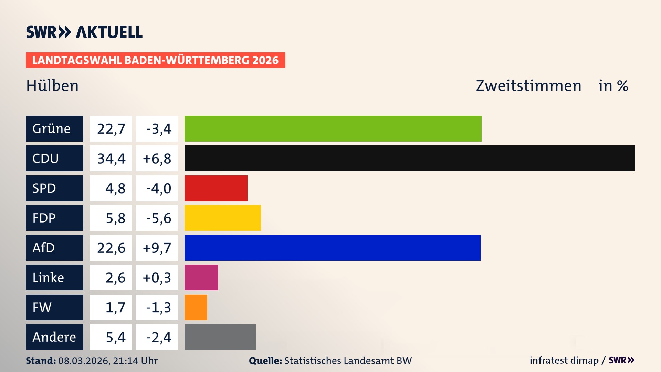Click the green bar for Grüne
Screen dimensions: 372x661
(x=333, y=128)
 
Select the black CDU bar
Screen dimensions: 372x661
(x=410, y=158)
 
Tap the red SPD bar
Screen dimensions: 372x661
(x=216, y=188)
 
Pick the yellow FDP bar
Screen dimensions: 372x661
(x=222, y=218)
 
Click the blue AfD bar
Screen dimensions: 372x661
(x=332, y=248)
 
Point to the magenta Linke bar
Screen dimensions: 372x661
(x=201, y=278)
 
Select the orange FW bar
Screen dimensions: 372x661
(x=196, y=307)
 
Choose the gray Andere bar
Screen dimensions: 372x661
(x=220, y=337)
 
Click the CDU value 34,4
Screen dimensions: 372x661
(x=111, y=158)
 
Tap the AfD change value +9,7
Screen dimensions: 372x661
(x=157, y=248)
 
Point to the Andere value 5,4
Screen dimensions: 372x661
(x=115, y=337)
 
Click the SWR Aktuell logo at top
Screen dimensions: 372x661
(x=84, y=32)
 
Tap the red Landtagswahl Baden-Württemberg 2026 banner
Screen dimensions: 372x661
(x=155, y=60)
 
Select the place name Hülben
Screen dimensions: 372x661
(x=52, y=86)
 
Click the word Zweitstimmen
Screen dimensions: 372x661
(x=528, y=86)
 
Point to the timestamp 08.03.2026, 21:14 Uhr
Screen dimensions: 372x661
(x=108, y=361)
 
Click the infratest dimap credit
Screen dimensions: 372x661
(x=564, y=360)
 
